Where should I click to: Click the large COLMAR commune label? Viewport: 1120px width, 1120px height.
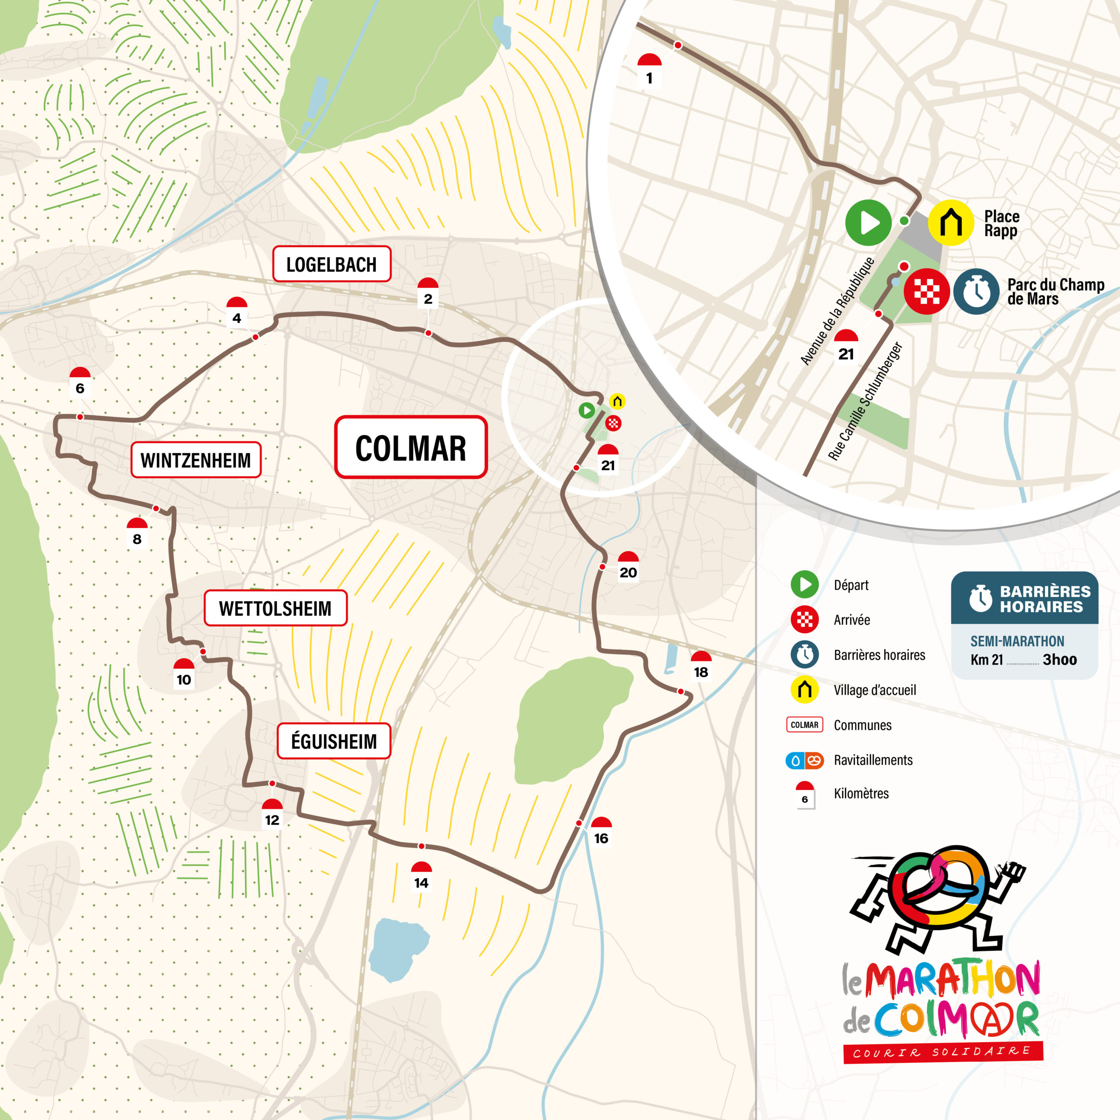click(410, 448)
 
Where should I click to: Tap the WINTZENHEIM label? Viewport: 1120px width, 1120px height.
click(196, 460)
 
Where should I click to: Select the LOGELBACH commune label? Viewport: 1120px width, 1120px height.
click(332, 264)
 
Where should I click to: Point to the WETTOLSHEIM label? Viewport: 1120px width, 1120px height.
click(275, 608)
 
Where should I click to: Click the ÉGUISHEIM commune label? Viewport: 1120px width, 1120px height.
click(334, 741)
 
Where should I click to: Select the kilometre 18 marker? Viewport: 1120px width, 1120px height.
click(701, 665)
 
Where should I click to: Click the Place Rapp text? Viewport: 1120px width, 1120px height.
click(1001, 224)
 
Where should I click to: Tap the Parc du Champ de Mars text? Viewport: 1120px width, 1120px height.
click(1056, 292)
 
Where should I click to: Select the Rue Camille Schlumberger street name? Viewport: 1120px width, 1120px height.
click(865, 401)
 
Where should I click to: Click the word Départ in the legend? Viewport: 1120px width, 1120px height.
click(851, 585)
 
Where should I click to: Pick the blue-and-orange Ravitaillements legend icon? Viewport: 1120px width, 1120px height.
click(805, 760)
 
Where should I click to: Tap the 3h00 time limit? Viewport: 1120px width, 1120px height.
click(1060, 660)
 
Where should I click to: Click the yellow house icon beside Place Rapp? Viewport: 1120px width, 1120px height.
click(951, 223)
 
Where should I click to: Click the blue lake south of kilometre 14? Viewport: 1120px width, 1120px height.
click(398, 949)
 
